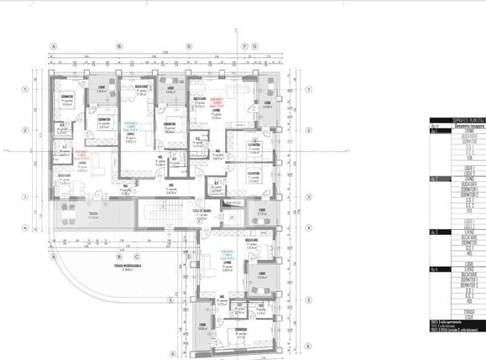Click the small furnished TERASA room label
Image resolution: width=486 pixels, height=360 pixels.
[x=82, y=217]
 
